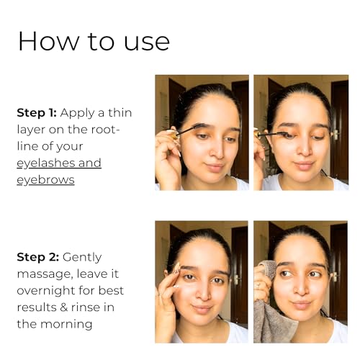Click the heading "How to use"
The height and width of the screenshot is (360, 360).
point(94,41)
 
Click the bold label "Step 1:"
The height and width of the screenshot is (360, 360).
point(37,113)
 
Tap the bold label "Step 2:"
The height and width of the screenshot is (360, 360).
point(38,257)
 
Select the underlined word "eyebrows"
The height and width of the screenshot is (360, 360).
point(45,180)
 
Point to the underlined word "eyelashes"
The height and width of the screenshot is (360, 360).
point(45,163)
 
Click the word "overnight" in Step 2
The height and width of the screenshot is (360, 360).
point(45,291)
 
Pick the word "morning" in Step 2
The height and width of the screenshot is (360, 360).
point(66,325)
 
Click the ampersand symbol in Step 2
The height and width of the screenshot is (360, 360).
point(63,307)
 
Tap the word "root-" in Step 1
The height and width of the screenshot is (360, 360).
point(105,130)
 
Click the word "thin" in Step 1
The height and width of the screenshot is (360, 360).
point(120,112)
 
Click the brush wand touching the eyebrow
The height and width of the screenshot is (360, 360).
point(187,130)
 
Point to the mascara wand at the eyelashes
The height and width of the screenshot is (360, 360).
point(274,134)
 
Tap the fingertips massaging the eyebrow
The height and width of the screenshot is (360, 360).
point(177,269)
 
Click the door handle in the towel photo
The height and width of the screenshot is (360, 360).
point(334,276)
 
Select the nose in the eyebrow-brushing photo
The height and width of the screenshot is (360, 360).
point(217,151)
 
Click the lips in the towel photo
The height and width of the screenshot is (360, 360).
point(301,305)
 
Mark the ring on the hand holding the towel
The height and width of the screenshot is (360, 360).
point(258,285)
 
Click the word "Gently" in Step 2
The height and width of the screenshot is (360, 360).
point(82,258)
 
